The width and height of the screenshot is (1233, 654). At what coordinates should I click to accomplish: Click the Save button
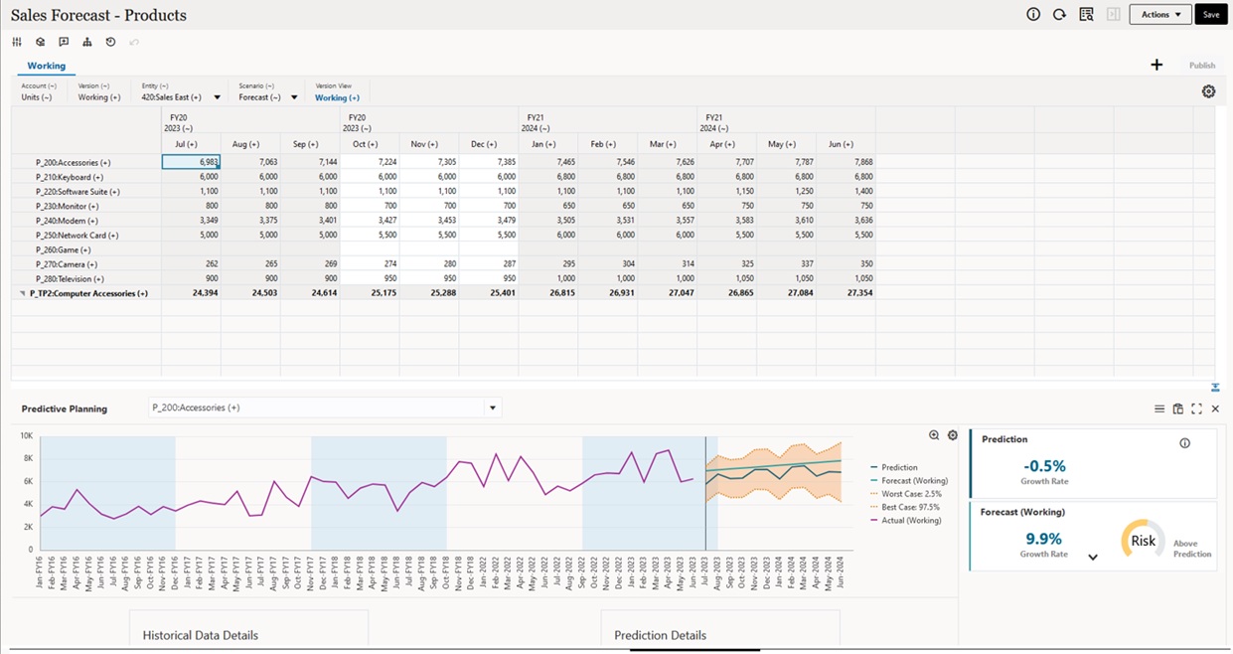1210,15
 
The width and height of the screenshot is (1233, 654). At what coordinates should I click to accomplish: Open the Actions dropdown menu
1159,15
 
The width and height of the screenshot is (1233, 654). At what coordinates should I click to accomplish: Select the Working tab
46,66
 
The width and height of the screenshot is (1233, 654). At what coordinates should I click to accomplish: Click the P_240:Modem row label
67,221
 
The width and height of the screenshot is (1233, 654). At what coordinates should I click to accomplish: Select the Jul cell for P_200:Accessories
192,162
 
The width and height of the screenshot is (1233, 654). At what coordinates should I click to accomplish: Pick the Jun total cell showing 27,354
846,293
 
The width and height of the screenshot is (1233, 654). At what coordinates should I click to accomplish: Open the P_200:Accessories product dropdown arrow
491,408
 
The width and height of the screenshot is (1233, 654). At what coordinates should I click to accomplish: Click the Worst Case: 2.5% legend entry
911,494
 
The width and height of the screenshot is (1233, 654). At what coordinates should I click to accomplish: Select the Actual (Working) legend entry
911,521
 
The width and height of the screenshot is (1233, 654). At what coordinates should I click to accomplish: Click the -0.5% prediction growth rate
1043,466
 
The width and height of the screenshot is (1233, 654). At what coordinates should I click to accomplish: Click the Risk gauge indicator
1144,541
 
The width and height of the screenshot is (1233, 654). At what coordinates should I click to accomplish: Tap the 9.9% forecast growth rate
1043,540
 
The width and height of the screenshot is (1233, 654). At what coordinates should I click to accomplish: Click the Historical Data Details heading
200,635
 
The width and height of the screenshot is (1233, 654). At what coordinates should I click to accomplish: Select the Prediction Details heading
660,635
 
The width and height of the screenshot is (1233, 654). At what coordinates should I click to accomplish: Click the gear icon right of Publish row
1208,91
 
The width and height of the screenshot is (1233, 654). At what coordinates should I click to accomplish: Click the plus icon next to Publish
1156,66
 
